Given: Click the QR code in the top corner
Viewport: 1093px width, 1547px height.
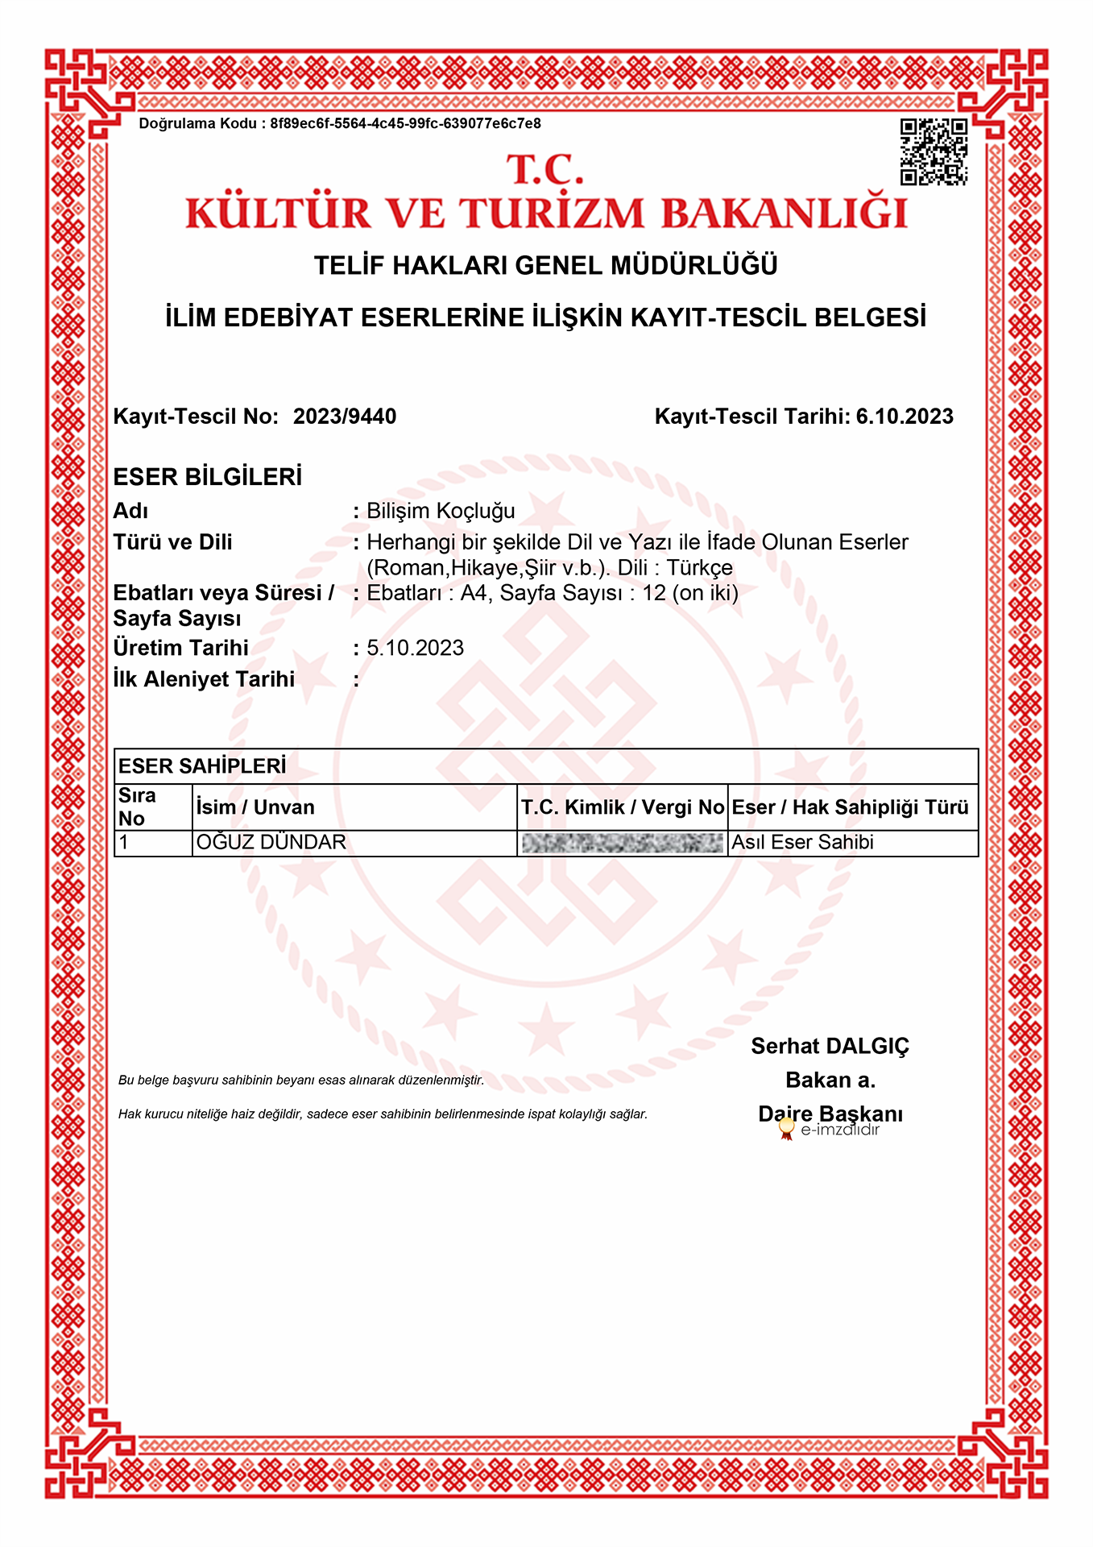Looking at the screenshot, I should (x=934, y=152).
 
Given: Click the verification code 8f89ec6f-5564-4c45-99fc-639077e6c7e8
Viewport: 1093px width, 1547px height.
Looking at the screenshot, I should (x=405, y=123).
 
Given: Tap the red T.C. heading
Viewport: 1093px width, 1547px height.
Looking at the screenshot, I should (x=545, y=170).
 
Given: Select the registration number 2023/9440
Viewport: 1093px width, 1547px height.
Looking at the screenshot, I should (x=345, y=417).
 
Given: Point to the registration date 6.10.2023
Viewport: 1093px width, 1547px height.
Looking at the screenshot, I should (x=905, y=417).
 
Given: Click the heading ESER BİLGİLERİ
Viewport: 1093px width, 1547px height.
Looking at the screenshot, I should (x=208, y=477).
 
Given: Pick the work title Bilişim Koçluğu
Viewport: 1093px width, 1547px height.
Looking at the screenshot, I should (x=441, y=511).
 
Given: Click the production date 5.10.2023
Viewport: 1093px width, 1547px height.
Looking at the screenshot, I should (x=416, y=648).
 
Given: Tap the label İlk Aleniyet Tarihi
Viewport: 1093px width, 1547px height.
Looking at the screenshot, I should (x=204, y=679).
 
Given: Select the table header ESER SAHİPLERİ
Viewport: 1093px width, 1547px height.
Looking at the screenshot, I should (x=202, y=766).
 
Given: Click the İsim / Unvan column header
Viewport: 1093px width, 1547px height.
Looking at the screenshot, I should (x=255, y=807).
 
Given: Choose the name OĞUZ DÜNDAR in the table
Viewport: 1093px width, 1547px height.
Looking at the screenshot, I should (x=271, y=843).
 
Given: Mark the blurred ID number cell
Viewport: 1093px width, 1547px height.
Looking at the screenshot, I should (x=622, y=844).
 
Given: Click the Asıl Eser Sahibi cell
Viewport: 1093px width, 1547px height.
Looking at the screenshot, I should (x=802, y=843).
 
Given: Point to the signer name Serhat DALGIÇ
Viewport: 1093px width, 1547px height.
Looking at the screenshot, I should (x=830, y=1046).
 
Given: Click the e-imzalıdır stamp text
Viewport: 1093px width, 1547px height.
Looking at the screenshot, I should (x=839, y=1130).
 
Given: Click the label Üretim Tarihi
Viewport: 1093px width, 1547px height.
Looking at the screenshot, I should (x=181, y=648).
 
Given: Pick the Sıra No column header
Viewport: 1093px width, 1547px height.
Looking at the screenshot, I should (x=137, y=807).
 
